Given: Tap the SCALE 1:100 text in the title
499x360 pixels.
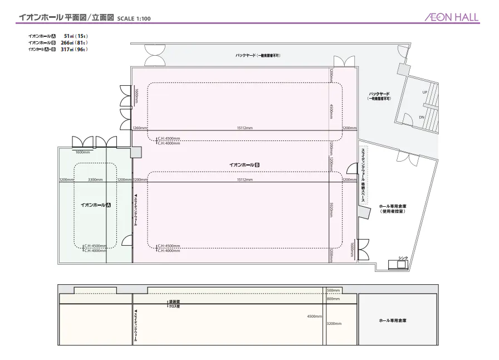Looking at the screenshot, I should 134,18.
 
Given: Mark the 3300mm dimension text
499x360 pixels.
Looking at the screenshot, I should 95,180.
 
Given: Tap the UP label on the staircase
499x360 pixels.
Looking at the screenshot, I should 424,92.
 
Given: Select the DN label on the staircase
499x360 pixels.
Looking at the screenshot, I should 422,118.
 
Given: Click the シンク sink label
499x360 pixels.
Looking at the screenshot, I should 403,258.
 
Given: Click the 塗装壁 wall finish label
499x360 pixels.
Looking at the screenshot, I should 174,301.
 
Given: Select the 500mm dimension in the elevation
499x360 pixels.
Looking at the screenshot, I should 333,290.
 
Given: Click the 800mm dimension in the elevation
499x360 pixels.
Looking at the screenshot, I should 333,299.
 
